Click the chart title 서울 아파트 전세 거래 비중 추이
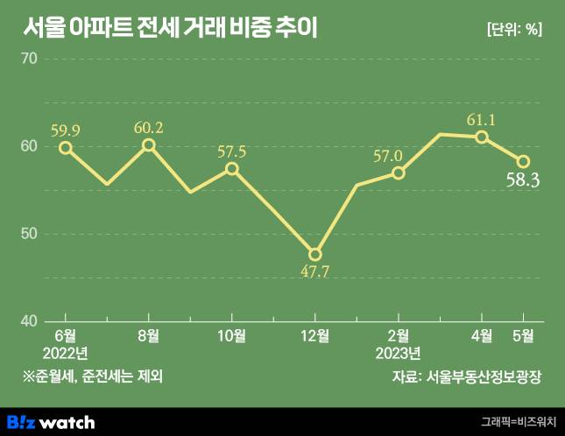(171, 28)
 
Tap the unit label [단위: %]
(514, 29)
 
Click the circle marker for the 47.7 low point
(315, 255)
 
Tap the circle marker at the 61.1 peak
(482, 137)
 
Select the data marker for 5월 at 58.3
(523, 161)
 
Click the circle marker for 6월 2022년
(65, 147)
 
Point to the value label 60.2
(148, 128)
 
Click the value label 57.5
(231, 151)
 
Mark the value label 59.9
(66, 130)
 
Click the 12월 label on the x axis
(314, 335)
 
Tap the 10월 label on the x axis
(231, 335)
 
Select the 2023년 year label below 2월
(399, 353)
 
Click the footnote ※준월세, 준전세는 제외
(94, 377)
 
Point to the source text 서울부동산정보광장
(483, 377)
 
